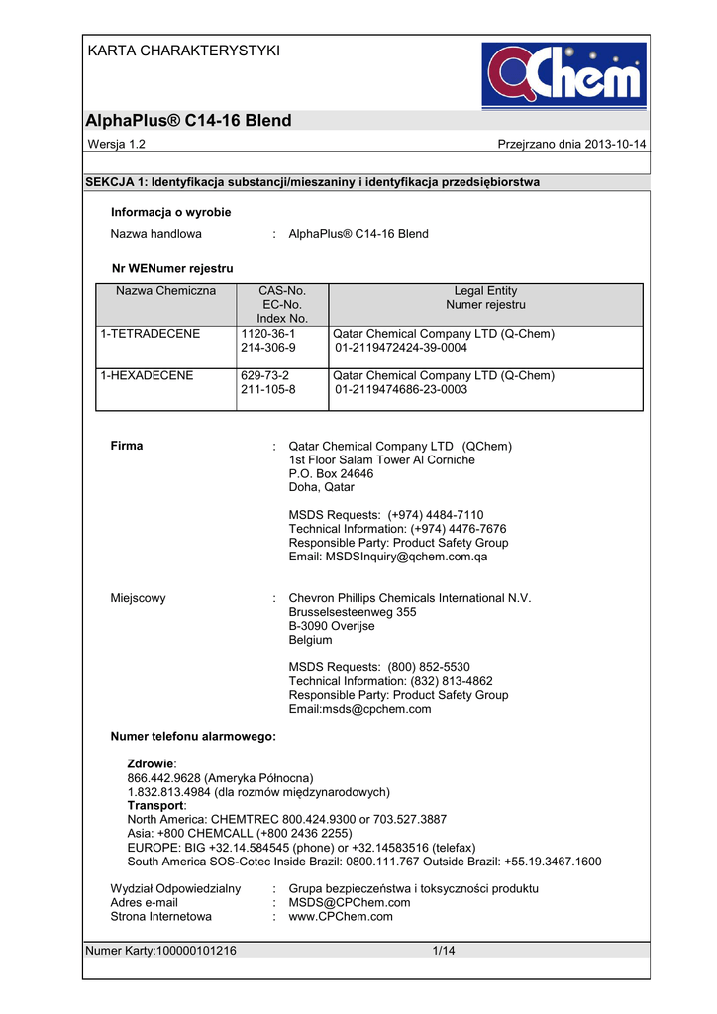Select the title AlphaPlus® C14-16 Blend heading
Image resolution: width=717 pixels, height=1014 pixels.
click(x=189, y=121)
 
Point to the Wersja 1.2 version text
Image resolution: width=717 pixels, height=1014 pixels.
click(x=117, y=145)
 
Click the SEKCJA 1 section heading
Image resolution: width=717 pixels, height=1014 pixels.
click(x=312, y=182)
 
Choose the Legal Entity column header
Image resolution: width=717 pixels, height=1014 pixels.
click(x=485, y=291)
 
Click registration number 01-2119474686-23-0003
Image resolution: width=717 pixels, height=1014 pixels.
click(x=401, y=390)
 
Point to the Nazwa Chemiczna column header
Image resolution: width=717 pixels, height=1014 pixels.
click(x=165, y=291)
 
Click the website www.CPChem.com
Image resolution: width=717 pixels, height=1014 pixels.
click(x=341, y=917)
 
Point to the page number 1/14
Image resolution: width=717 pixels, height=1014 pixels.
click(x=443, y=952)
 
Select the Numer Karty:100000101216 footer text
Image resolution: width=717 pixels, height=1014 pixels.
click(x=161, y=952)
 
